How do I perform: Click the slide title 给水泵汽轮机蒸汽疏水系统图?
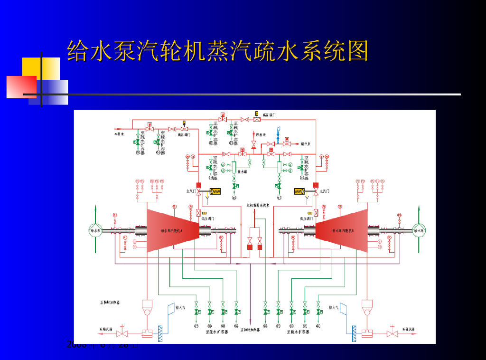(217, 51)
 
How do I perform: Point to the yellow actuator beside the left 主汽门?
(216, 192)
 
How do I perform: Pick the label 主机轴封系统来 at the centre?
(258, 205)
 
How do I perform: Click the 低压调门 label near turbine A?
(209, 218)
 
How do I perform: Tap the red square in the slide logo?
(21, 87)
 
